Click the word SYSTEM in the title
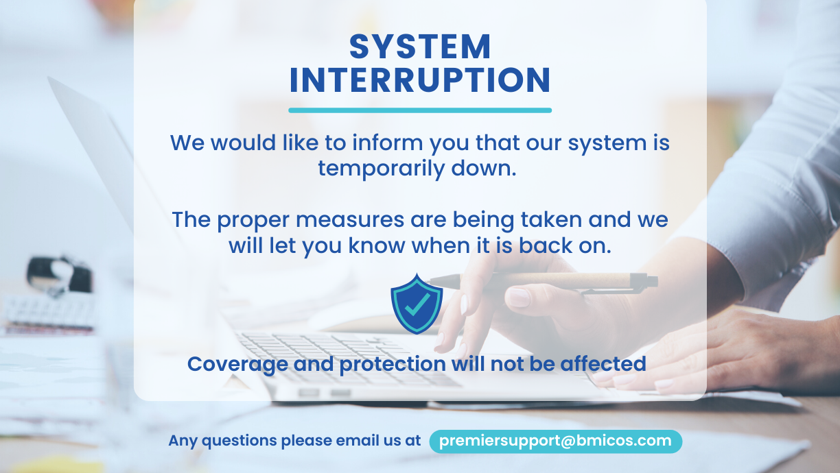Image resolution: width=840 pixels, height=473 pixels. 420,47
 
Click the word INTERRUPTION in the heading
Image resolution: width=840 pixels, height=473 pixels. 420,80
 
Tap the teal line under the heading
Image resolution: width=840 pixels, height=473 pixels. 420,110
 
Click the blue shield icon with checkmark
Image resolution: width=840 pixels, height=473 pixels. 417,304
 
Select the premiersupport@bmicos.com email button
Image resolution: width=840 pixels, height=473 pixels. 555,441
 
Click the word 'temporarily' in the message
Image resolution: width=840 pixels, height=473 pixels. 382,169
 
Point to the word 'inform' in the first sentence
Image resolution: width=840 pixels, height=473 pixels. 387,143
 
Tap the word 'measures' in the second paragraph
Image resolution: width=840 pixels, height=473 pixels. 350,220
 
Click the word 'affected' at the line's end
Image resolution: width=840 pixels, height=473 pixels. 603,363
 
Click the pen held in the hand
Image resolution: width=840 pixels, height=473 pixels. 544,282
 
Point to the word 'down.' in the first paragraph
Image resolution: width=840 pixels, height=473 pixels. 484,168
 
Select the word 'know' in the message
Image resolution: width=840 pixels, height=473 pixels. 377,245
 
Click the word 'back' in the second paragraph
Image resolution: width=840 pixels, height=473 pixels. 546,245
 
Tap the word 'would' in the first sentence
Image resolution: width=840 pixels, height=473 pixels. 243,143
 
